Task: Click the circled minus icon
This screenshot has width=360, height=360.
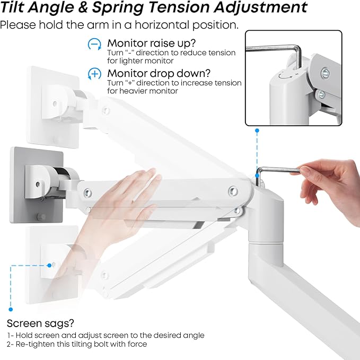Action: point(94,45)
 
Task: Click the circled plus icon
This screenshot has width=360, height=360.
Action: point(94,74)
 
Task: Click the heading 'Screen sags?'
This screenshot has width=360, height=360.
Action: point(40,323)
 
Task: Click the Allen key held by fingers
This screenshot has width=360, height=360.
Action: point(278,170)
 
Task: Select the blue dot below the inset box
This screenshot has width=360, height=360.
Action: point(257,130)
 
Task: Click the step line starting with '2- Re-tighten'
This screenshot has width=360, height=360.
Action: point(77,345)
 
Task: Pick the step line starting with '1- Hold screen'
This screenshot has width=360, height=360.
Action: point(106,335)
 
